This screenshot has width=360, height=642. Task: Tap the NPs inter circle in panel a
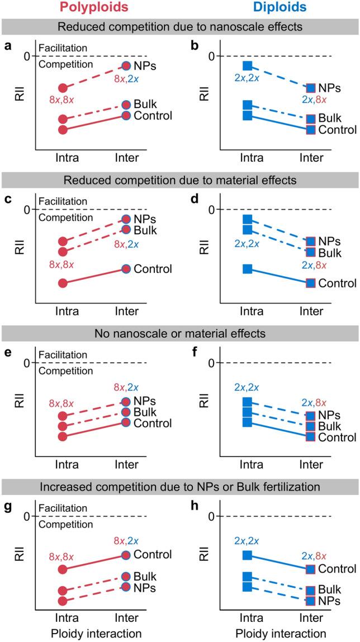(x=126, y=66)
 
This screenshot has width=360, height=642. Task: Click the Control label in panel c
(x=153, y=269)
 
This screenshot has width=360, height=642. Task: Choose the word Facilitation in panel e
(x=63, y=355)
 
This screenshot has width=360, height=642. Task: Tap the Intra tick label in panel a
(x=63, y=158)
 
